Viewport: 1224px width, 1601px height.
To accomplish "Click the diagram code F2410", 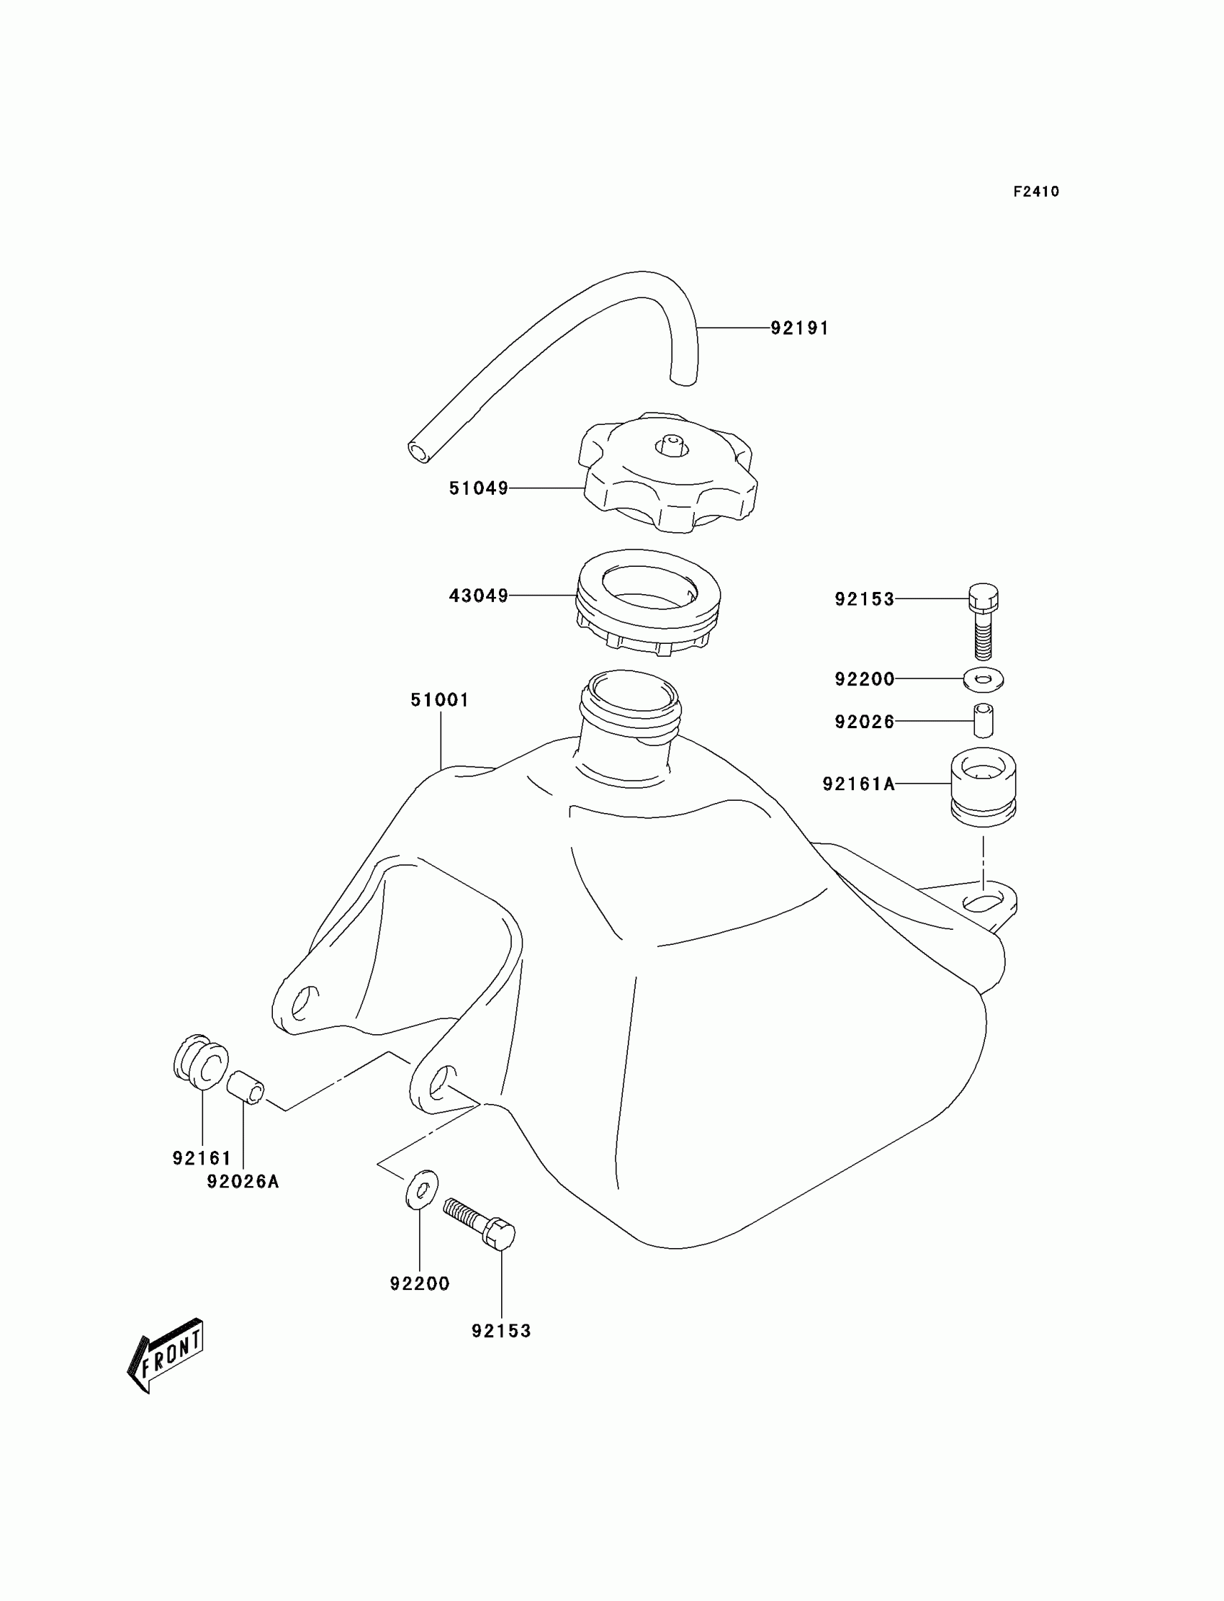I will [1035, 192].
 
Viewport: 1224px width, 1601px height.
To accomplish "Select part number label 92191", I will [799, 328].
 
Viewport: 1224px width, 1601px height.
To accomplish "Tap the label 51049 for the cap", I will [478, 488].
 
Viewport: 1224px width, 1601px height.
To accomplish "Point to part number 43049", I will [478, 596].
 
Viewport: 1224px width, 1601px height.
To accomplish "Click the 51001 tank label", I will [439, 700].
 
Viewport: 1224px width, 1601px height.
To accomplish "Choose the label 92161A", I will [858, 784].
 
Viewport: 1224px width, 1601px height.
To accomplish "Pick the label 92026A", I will [243, 1182].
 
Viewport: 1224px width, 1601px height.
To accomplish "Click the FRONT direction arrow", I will [166, 1358].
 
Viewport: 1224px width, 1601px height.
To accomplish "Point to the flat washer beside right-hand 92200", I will [983, 680].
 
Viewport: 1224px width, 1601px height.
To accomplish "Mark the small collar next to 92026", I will [983, 721].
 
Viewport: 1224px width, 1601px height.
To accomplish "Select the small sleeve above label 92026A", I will [246, 1087].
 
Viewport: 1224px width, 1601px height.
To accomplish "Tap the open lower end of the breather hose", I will [418, 452].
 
